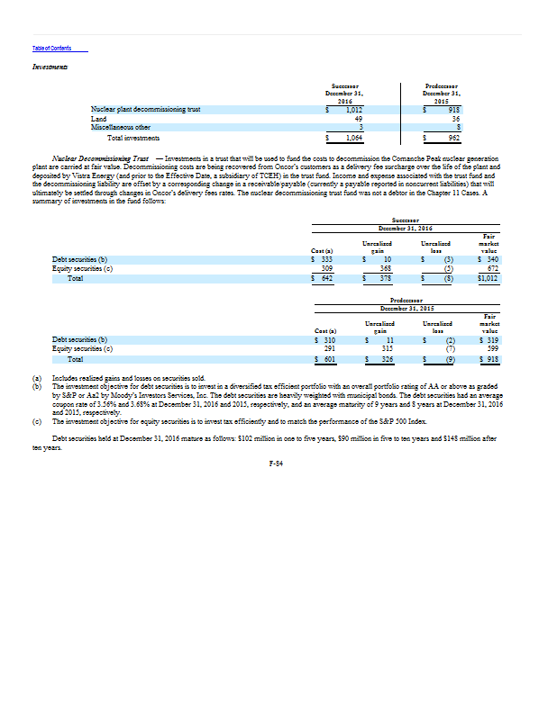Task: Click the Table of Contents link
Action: click(x=51, y=48)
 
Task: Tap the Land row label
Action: click(x=99, y=118)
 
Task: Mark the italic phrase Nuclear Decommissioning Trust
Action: click(x=101, y=157)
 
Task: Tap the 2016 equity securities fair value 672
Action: click(x=491, y=267)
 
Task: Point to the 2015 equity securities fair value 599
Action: click(x=491, y=347)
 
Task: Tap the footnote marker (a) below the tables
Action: click(x=37, y=378)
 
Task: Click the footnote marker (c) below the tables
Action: click(x=37, y=421)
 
